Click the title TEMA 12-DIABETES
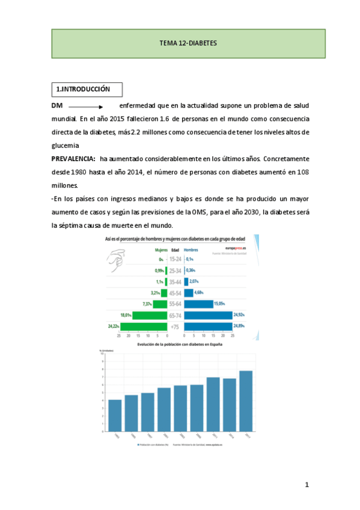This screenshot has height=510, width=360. (188, 44)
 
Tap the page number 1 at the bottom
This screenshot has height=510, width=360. (306, 484)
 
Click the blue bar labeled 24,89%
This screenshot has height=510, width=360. (207, 326)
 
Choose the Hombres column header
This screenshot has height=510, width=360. (191, 250)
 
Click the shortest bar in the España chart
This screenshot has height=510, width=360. (115, 416)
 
